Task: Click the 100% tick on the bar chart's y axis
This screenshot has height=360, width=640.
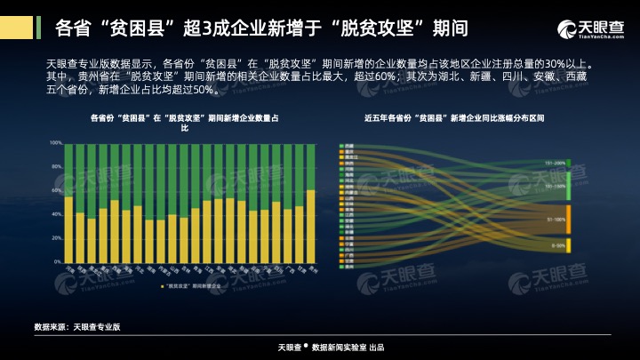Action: point(55,143)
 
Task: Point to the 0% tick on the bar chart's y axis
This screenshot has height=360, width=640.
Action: point(57,262)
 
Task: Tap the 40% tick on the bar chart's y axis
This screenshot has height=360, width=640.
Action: point(56,214)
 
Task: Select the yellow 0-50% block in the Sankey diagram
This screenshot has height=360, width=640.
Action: point(568,245)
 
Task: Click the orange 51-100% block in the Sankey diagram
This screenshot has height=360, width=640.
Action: point(568,218)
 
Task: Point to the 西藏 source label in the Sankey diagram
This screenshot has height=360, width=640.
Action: point(349,145)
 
